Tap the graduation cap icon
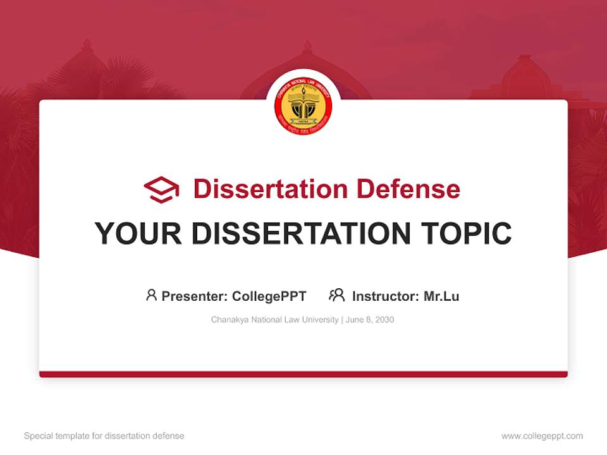click(161, 189)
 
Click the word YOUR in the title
click(138, 234)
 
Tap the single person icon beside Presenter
click(151, 295)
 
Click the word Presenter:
click(195, 296)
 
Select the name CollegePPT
click(269, 296)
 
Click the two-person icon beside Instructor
click(337, 295)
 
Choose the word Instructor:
click(385, 296)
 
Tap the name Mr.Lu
click(441, 296)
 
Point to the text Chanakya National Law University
click(275, 320)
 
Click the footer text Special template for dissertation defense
click(104, 436)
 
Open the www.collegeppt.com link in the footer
click(542, 436)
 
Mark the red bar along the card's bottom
click(303, 374)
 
